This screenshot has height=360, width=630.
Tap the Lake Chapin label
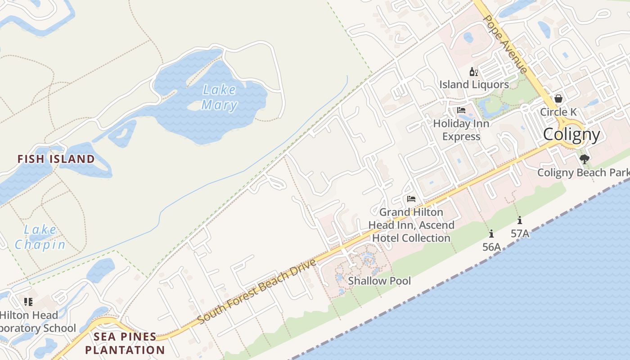tap(40, 237)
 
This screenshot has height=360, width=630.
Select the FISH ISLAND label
tap(56, 159)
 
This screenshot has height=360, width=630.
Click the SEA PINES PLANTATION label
tap(125, 343)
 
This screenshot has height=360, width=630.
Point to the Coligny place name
tap(571, 135)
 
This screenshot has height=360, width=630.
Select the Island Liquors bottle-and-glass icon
tap(473, 72)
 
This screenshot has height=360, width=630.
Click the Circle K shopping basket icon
tap(558, 99)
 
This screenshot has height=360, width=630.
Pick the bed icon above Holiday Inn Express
tap(461, 110)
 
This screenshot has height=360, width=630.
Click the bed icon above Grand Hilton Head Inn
tap(411, 199)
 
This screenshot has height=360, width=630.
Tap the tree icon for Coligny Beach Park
tap(584, 159)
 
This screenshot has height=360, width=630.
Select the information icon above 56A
tap(491, 234)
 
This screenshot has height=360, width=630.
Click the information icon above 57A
tap(520, 220)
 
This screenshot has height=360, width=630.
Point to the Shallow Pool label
tap(379, 281)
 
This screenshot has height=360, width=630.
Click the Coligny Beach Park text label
tap(583, 172)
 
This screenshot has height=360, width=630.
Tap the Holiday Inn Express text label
tap(461, 130)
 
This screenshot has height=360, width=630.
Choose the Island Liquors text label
tap(474, 84)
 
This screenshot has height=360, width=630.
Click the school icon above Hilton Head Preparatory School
tap(28, 301)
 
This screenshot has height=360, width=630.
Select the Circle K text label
tap(558, 112)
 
